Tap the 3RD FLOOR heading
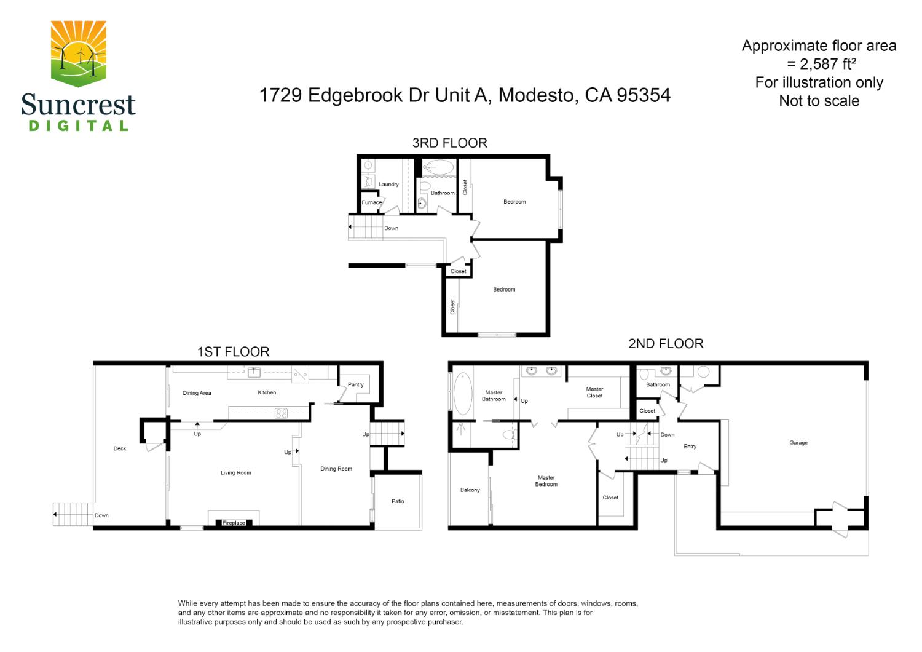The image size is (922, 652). (449, 143)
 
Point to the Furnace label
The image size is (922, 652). (371, 202)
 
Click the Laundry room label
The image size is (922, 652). (388, 185)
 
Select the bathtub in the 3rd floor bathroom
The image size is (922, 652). (438, 167)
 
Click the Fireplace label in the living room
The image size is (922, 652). (234, 523)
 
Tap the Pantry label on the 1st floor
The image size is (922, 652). (355, 384)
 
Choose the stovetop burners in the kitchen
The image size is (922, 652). (281, 413)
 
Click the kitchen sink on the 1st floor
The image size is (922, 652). (254, 372)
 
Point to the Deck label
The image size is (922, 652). (120, 448)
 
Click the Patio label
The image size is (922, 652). (398, 501)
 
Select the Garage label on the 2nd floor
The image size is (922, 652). (798, 443)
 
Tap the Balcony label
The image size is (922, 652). (470, 490)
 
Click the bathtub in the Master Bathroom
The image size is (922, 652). (462, 394)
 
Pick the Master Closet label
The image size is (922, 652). (594, 392)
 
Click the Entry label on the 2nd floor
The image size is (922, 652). (690, 447)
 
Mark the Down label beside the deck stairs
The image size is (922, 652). (101, 515)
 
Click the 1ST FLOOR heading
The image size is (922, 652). (233, 352)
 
